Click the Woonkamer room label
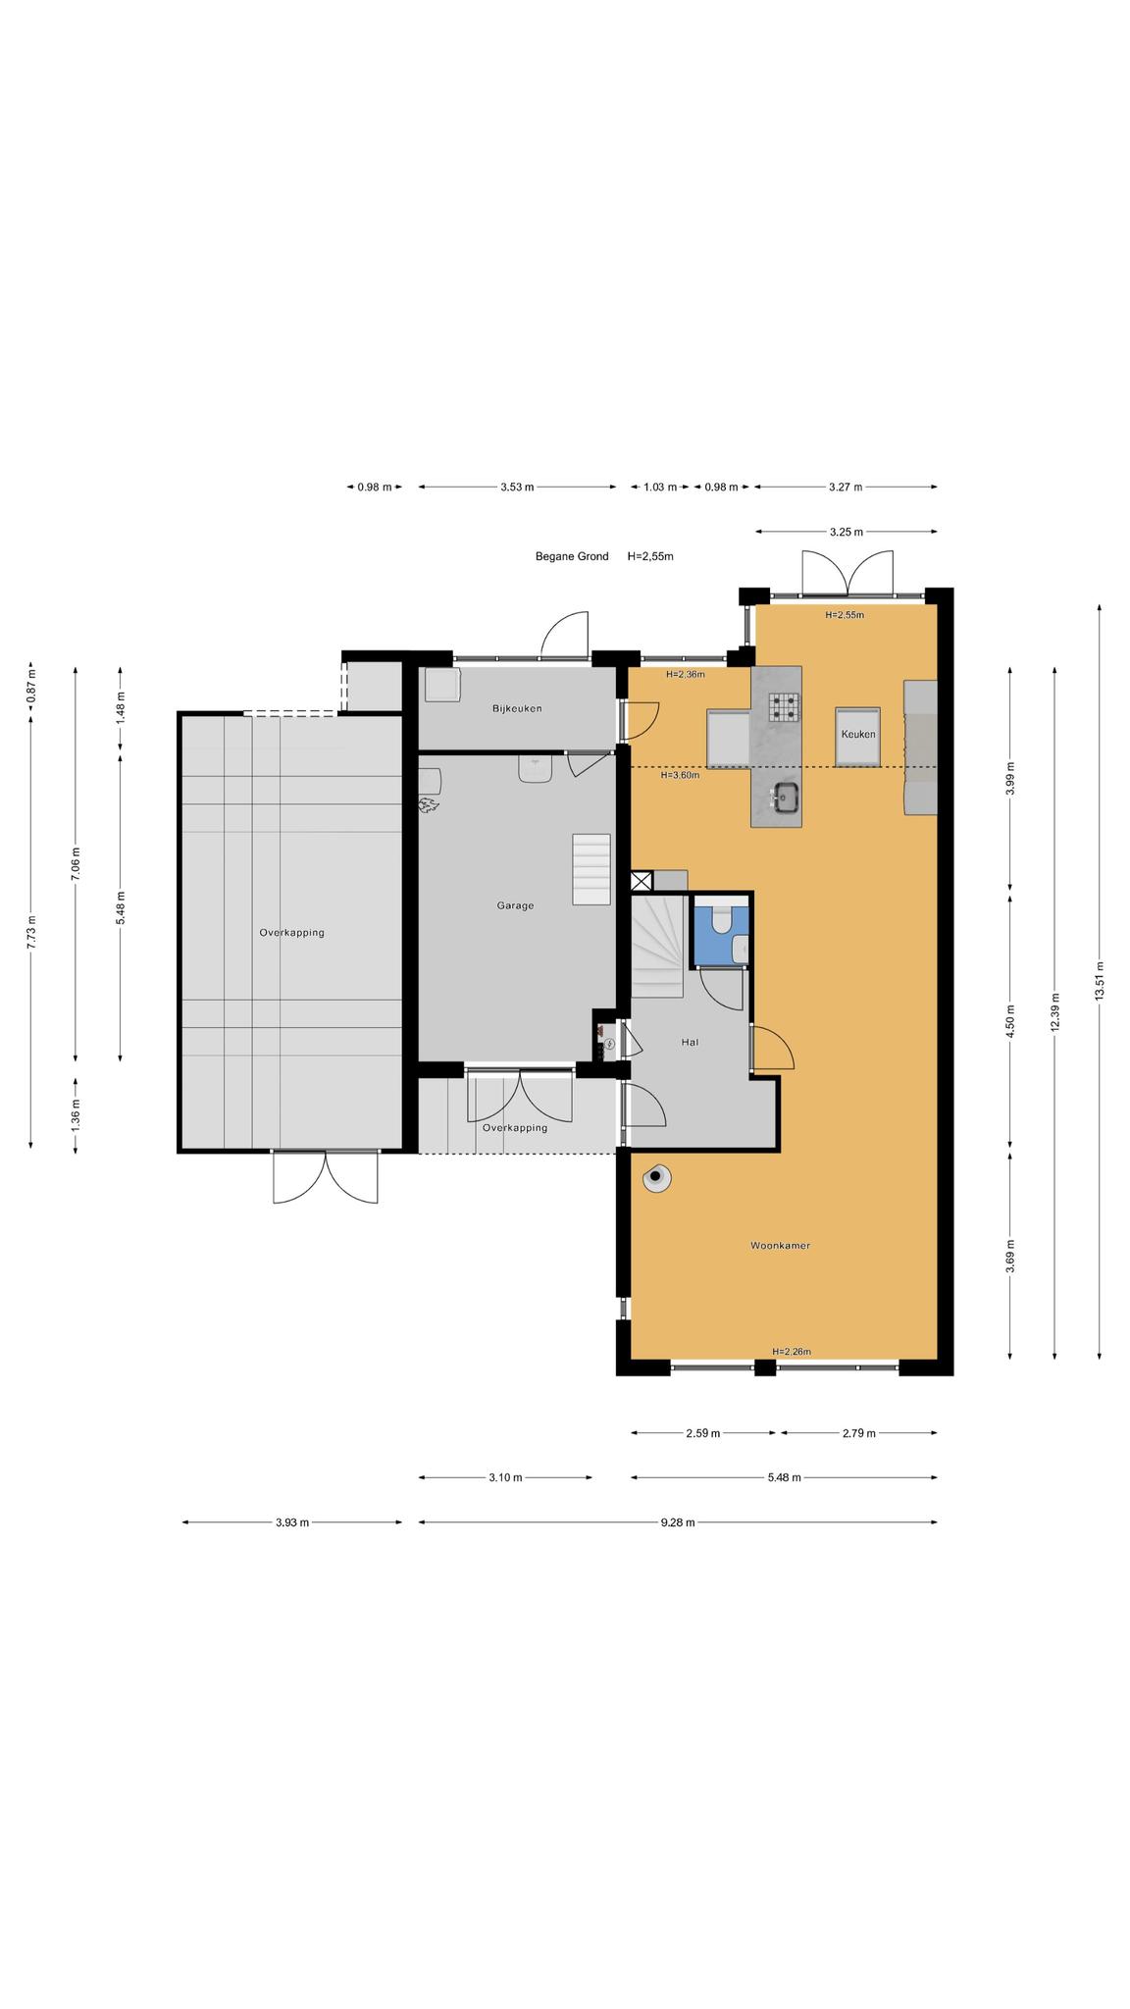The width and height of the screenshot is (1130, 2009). click(x=780, y=1246)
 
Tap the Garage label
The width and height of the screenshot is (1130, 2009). click(x=515, y=905)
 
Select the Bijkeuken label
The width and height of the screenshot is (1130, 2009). click(x=517, y=708)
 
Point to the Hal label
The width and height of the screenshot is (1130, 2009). click(x=690, y=1043)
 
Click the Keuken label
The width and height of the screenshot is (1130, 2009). click(x=858, y=734)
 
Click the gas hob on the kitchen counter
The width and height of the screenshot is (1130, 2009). click(x=784, y=705)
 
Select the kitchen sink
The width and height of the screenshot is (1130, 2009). click(x=785, y=798)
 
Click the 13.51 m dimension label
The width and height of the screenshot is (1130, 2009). click(x=1100, y=980)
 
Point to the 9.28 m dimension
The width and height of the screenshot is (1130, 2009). click(x=678, y=1522)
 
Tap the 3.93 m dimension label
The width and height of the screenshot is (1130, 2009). click(x=292, y=1522)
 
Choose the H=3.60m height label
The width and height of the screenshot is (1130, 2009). click(x=680, y=775)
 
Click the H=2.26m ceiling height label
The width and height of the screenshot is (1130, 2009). click(x=792, y=1352)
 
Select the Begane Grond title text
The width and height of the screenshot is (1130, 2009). click(x=572, y=556)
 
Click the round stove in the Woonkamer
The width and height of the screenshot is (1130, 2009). click(x=655, y=1178)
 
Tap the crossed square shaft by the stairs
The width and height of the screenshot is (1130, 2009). click(x=642, y=881)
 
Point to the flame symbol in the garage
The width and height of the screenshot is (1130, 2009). click(x=429, y=806)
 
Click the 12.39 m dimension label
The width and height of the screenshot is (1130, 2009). click(x=1054, y=1011)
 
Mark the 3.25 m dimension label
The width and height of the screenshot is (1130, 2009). click(x=847, y=532)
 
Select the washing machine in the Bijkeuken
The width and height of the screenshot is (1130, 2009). click(x=442, y=685)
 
